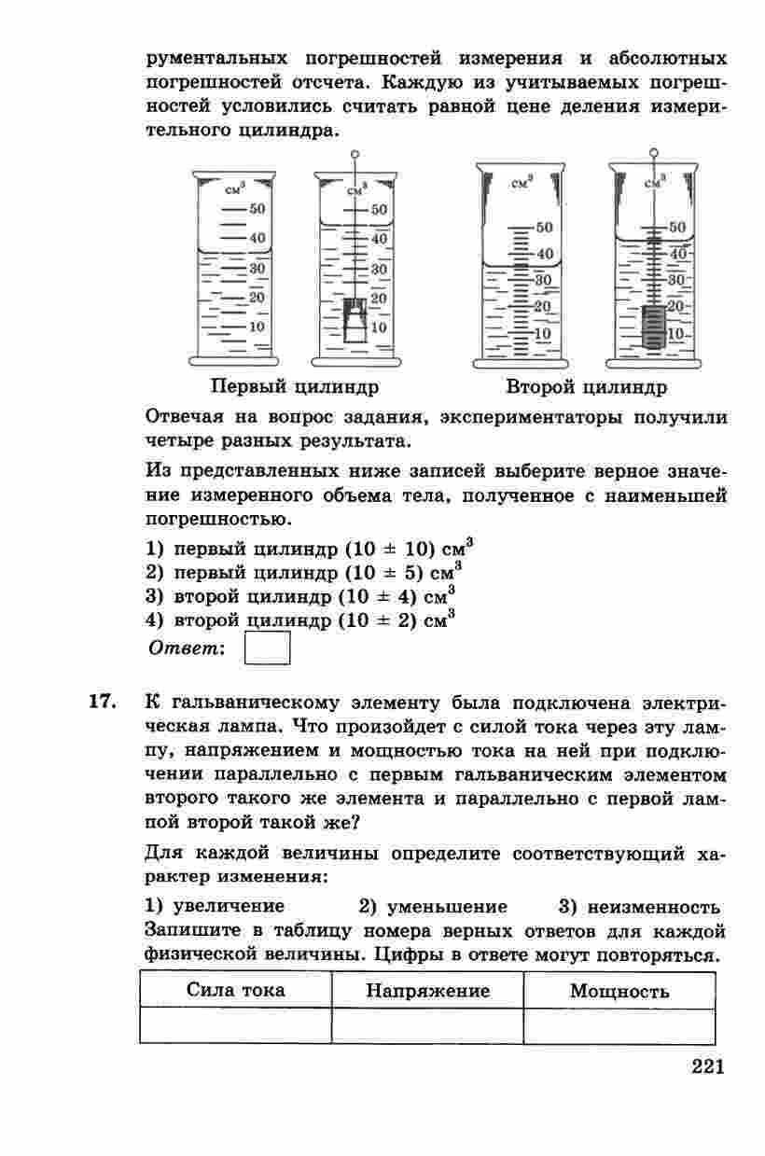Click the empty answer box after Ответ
pyautogui.click(x=267, y=648)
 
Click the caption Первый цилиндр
pyautogui.click(x=295, y=386)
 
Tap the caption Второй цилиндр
pyautogui.click(x=586, y=386)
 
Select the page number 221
pyautogui.click(x=708, y=1067)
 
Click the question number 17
pyautogui.click(x=102, y=701)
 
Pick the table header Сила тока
pyautogui.click(x=236, y=990)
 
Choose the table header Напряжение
pyautogui.click(x=427, y=991)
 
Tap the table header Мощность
pyautogui.click(x=619, y=991)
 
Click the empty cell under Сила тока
pyautogui.click(x=236, y=1025)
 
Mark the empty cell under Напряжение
pyautogui.click(x=427, y=1025)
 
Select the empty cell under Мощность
pyautogui.click(x=619, y=1025)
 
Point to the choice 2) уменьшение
pyautogui.click(x=433, y=907)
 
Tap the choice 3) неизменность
pyautogui.click(x=639, y=907)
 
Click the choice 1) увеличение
pyautogui.click(x=216, y=907)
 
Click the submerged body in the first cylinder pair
pyautogui.click(x=353, y=320)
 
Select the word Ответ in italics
pyautogui.click(x=188, y=648)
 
